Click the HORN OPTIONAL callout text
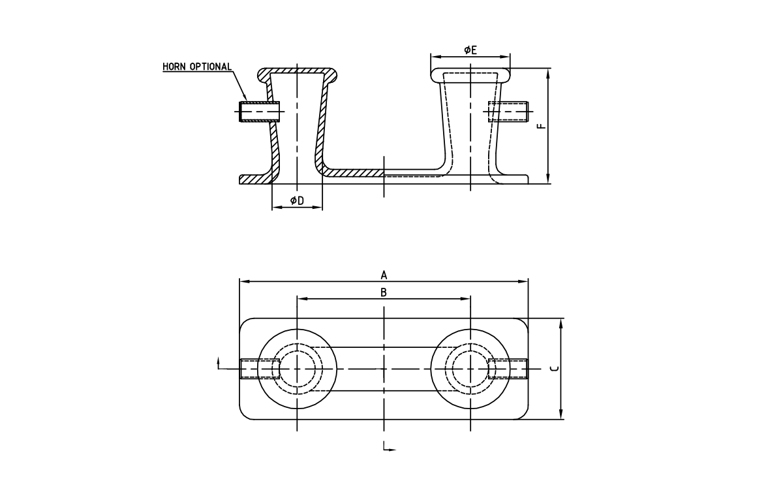coord(197,67)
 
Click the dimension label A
coord(384,274)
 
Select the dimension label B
coord(384,292)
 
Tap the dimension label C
coord(554,369)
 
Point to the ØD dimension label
coord(297,200)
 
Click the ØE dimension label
coord(470,50)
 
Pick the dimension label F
coord(540,125)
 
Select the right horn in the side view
coord(508,112)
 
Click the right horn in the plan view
coord(508,369)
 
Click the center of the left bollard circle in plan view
coord(298,369)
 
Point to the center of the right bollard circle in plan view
coord(470,369)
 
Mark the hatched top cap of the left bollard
coord(298,70)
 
